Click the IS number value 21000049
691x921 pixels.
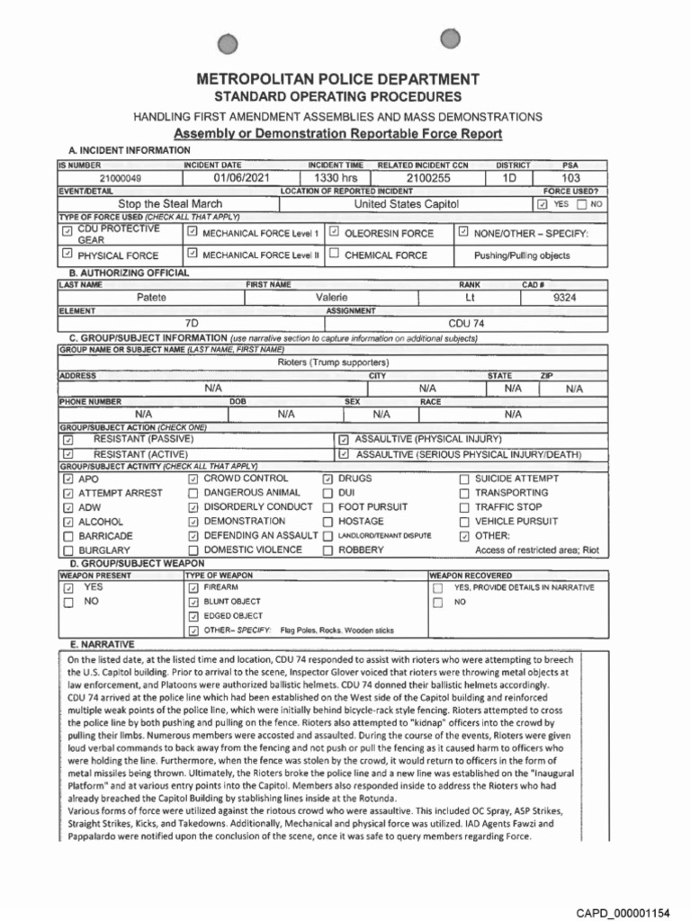[x=107, y=179]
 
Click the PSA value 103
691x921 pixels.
[x=570, y=179]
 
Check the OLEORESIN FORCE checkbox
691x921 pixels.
[x=334, y=232]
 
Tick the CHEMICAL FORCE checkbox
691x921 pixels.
[x=334, y=255]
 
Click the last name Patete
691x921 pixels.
[x=151, y=296]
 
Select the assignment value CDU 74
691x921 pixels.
[x=466, y=321]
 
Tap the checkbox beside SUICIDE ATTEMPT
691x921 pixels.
[x=465, y=479]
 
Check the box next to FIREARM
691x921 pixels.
[x=193, y=587]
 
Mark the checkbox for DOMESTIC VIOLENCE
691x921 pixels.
[x=193, y=550]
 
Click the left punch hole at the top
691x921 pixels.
[x=229, y=43]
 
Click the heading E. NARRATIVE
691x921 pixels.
[x=102, y=645]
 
